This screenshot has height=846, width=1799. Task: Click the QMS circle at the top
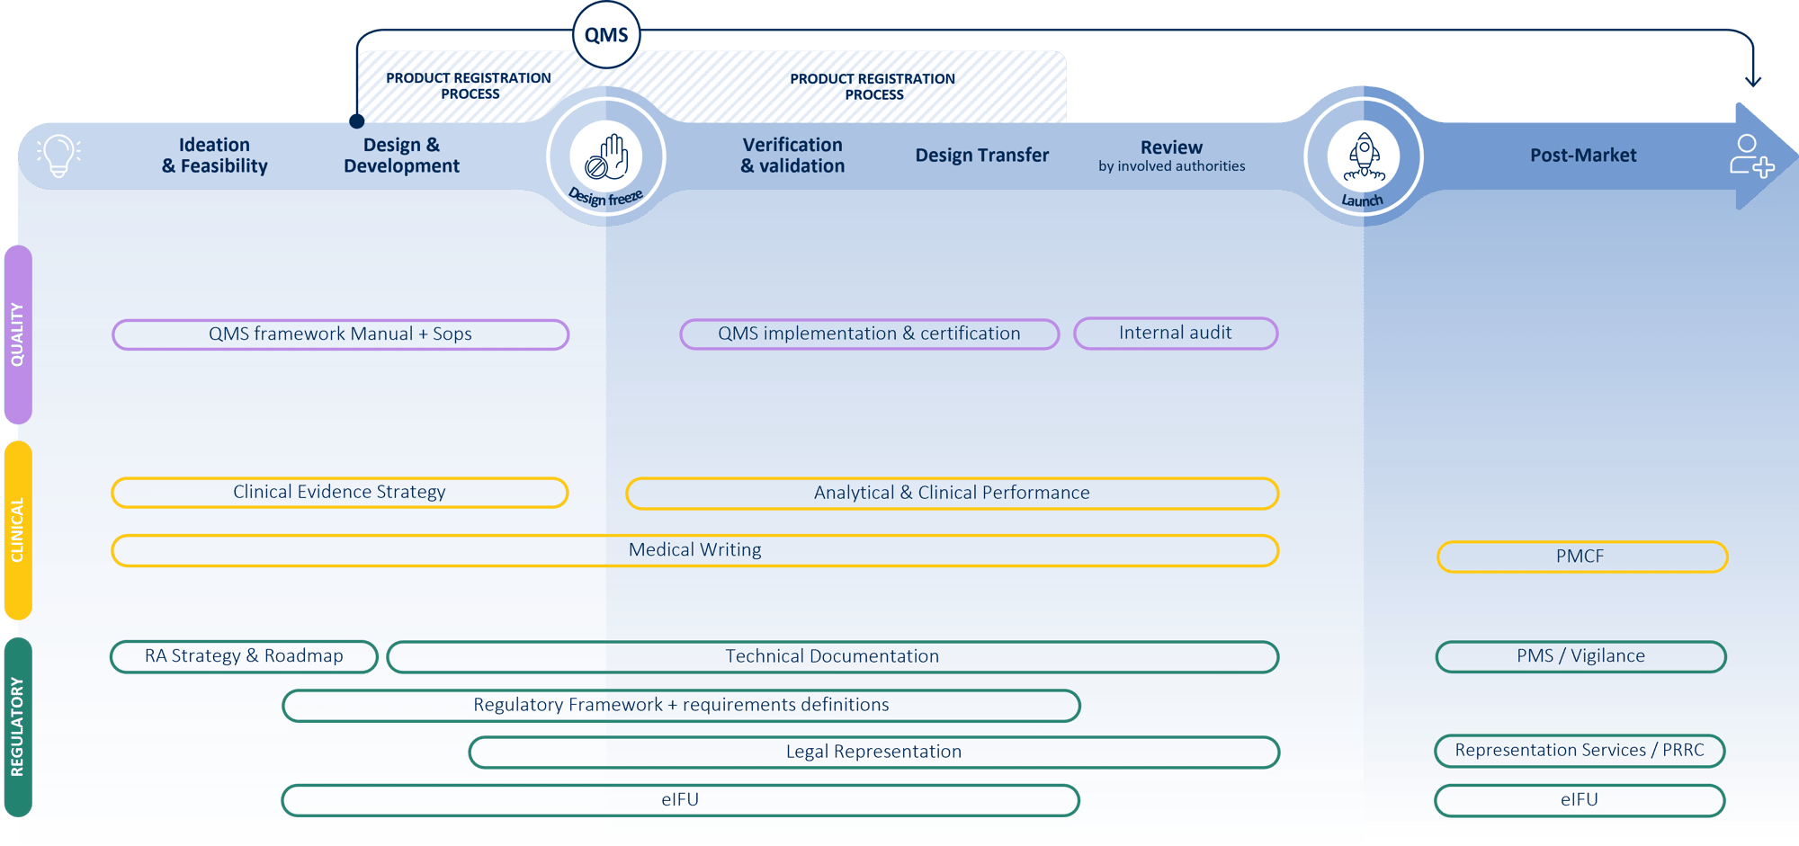(x=606, y=35)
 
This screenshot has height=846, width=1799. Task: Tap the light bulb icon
(x=58, y=156)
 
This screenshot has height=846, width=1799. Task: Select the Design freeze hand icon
(x=606, y=156)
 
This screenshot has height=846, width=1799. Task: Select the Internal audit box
(x=1175, y=333)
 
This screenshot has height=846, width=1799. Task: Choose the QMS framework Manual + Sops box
(x=340, y=334)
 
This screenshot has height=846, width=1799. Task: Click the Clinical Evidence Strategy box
(x=339, y=493)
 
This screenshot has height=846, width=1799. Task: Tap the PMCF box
(x=1581, y=557)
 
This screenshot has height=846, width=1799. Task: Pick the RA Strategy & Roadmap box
(x=244, y=656)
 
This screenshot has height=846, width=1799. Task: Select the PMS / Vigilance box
(x=1580, y=656)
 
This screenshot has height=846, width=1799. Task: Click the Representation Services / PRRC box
(x=1580, y=751)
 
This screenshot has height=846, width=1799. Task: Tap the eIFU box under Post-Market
(x=1580, y=800)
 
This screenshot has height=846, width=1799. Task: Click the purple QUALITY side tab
(x=18, y=334)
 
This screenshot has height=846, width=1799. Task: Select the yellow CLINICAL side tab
(x=18, y=530)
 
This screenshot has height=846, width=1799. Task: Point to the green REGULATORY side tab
(x=18, y=726)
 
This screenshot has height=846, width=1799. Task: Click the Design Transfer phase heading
(x=982, y=156)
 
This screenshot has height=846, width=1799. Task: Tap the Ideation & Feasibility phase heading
(x=215, y=156)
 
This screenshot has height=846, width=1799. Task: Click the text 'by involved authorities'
(x=1171, y=166)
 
